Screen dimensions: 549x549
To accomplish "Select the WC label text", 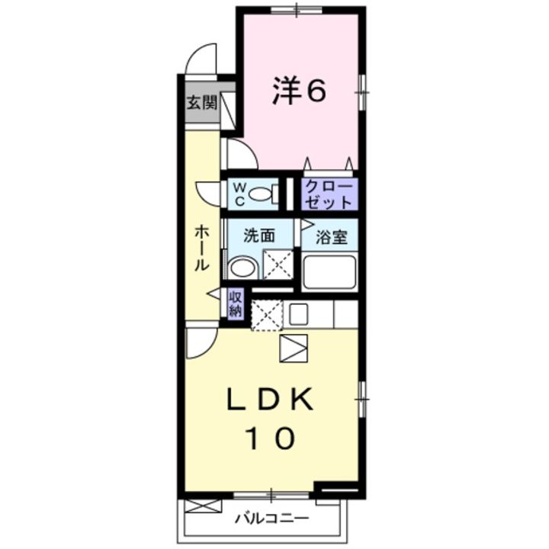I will [237, 194].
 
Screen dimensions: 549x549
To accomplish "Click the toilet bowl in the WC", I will [264, 194].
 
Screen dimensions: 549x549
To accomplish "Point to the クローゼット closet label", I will [329, 194].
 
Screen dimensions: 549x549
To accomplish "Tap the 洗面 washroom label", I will [258, 236].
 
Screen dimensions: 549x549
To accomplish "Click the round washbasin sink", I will [242, 268].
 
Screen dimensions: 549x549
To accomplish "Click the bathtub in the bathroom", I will [329, 271].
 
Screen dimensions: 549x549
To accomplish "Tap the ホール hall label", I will [201, 248].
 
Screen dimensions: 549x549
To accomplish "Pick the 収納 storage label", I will [236, 303].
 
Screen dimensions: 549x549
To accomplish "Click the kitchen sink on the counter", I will [298, 313].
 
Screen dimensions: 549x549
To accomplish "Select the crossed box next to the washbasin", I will [276, 266].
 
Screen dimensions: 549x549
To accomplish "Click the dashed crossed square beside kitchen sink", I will [267, 314].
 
